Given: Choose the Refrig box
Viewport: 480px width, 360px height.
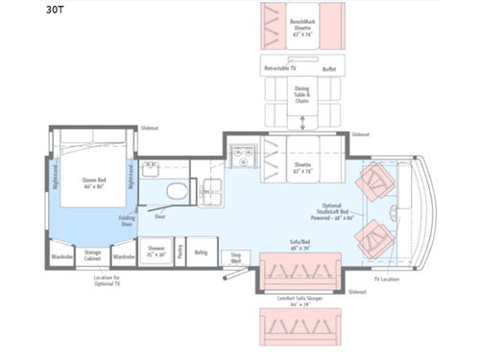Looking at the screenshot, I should coord(202,252).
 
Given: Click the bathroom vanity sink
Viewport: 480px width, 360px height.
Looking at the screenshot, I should coord(152,170).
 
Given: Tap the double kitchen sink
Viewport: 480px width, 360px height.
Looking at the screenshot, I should coord(210,192).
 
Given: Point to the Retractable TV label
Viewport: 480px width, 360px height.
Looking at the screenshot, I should coord(279,70).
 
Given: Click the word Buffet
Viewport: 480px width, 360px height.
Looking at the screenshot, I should coord(328,70).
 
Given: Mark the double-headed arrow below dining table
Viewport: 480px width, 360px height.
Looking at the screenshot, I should coord(304,122).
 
